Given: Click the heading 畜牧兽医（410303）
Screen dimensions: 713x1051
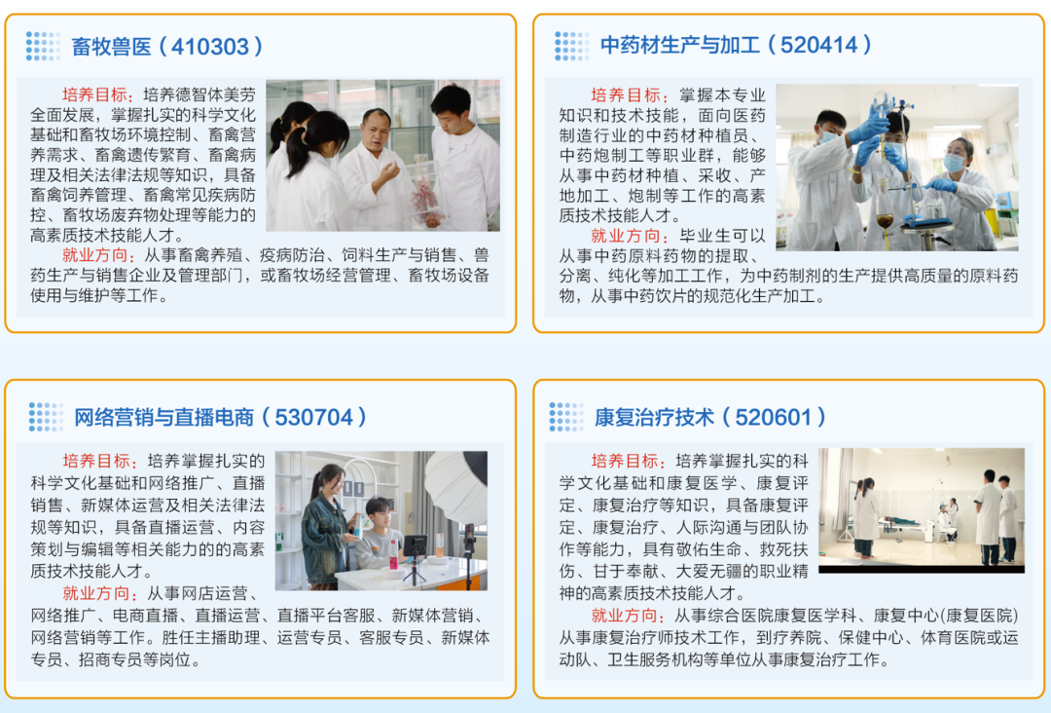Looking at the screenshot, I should (167, 46).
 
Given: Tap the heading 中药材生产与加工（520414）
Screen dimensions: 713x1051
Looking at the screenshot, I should (736, 45).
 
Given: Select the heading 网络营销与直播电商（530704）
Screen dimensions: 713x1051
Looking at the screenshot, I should (222, 418).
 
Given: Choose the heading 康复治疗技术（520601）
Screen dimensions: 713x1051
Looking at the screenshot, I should (710, 418).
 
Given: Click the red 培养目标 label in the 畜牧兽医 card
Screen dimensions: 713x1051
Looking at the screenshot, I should (95, 95).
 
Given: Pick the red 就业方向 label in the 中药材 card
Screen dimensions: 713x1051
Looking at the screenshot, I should (624, 237).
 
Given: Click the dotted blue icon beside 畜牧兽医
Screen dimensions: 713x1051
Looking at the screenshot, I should (43, 46).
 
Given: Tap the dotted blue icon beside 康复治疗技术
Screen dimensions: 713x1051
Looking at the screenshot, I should (566, 417).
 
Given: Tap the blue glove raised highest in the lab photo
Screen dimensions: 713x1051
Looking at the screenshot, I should (875, 125).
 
